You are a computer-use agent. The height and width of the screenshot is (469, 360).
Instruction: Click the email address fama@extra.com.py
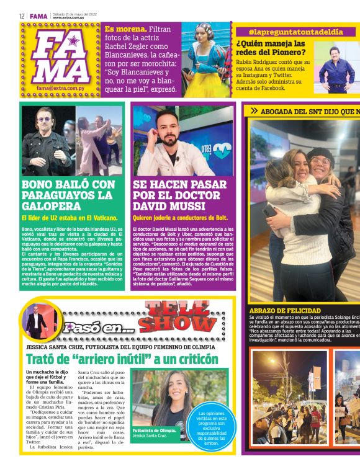tap(61, 88)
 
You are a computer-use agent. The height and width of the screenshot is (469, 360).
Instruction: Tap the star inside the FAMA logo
tap(73, 41)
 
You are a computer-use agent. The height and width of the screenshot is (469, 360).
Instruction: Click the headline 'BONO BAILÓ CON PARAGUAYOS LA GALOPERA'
tap(68, 195)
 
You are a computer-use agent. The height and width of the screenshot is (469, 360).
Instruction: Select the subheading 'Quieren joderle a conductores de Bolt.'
tap(180, 218)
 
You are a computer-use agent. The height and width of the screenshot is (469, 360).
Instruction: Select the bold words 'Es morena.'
tap(126, 29)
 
